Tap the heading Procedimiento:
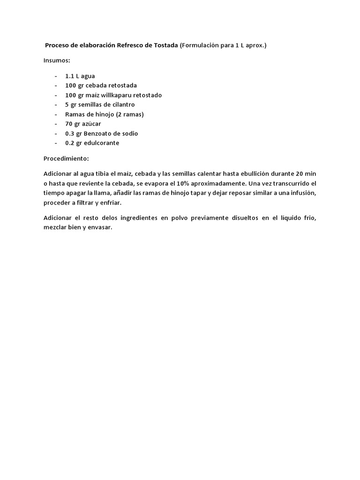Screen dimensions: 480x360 click(66, 158)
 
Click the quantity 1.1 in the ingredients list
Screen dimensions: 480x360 click(70, 76)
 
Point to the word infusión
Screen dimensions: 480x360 click(303, 193)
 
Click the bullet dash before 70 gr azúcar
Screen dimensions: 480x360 click(56, 124)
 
